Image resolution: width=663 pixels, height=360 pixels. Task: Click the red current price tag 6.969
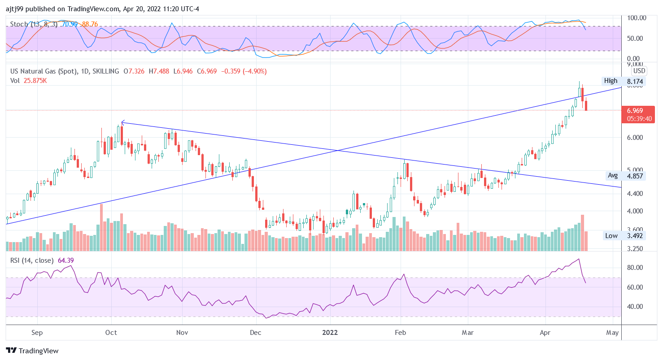(x=635, y=111)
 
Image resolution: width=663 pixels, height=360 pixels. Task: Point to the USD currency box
(x=639, y=71)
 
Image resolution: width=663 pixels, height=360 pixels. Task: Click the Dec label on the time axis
(x=255, y=333)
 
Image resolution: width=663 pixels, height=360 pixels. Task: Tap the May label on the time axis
(x=612, y=333)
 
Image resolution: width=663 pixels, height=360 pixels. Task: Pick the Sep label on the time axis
(x=37, y=333)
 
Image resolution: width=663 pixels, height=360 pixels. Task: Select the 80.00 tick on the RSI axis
(x=635, y=268)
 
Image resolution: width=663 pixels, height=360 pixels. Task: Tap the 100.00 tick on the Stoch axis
(x=637, y=18)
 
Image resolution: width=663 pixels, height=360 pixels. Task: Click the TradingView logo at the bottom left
(x=32, y=351)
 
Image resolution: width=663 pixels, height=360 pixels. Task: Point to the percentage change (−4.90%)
(x=254, y=71)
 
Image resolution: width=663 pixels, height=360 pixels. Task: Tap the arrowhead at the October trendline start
(x=122, y=122)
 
